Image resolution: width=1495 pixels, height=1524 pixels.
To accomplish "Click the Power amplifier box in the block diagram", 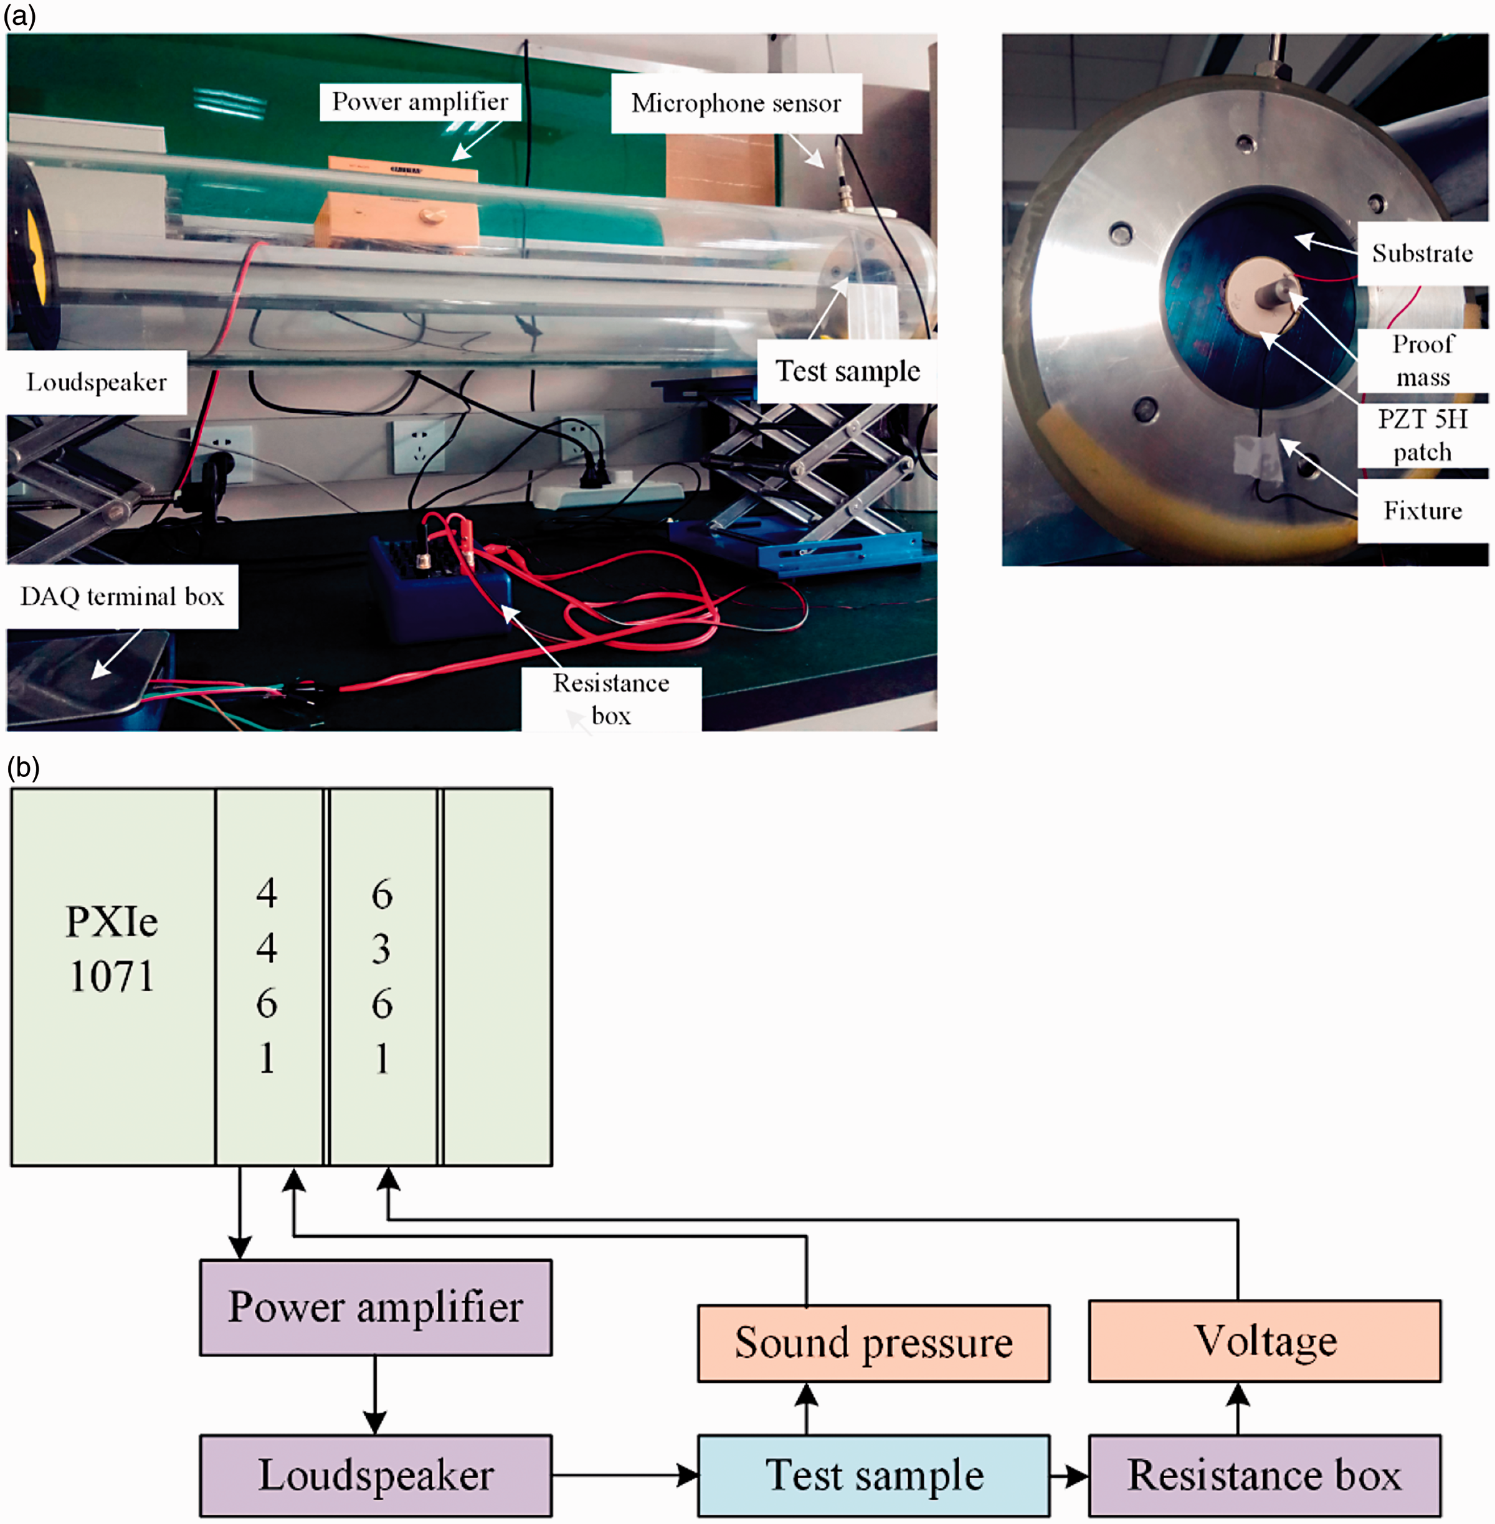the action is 376,1307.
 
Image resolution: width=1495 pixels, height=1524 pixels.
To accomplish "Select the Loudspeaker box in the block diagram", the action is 376,1475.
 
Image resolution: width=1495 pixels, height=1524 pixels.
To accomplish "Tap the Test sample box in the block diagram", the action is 873,1475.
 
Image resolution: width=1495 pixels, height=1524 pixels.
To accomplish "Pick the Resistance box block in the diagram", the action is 1264,1475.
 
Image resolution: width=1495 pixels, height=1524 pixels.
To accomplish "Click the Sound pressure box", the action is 873,1343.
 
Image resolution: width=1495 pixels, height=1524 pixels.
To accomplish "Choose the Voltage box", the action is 1264,1340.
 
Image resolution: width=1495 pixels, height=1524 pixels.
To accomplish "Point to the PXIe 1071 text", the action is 112,949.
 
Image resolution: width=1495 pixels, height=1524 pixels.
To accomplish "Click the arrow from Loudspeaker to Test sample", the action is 625,1475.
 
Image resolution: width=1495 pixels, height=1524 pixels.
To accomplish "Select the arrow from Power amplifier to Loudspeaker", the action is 376,1395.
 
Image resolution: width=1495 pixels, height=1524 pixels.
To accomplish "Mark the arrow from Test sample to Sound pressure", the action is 807,1409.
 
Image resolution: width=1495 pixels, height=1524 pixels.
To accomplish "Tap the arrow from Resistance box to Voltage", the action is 1238,1409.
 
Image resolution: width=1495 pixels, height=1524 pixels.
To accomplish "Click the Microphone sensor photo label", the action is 736,103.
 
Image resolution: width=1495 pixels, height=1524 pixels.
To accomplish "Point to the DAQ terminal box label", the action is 123,596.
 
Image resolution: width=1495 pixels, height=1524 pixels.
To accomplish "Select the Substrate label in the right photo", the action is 1422,253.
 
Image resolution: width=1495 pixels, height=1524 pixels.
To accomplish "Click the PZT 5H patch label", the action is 1422,436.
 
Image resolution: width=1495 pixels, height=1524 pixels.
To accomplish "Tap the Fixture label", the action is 1422,511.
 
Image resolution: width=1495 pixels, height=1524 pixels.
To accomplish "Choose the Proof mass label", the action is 1422,361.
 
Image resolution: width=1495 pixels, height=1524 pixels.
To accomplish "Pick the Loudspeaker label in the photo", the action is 96,382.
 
